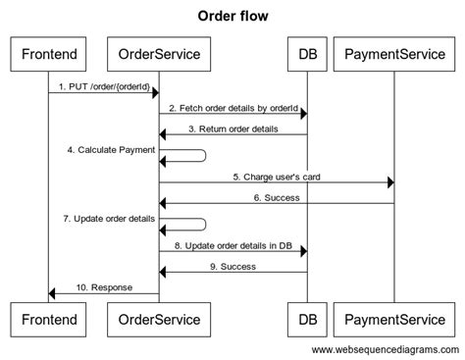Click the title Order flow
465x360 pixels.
point(232,16)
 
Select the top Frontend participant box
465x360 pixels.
point(48,53)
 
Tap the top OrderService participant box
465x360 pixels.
point(159,53)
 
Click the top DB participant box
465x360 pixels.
point(306,53)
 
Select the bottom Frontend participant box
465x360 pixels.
point(48,318)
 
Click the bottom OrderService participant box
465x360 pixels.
point(159,318)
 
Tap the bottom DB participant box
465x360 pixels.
point(306,318)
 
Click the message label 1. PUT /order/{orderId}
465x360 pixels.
point(103,86)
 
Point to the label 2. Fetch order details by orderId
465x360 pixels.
point(232,107)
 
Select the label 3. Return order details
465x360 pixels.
point(232,128)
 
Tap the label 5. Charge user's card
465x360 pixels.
point(276,177)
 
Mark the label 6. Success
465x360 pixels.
point(276,197)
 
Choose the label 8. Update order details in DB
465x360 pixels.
point(232,245)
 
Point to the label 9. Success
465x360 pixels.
point(232,266)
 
